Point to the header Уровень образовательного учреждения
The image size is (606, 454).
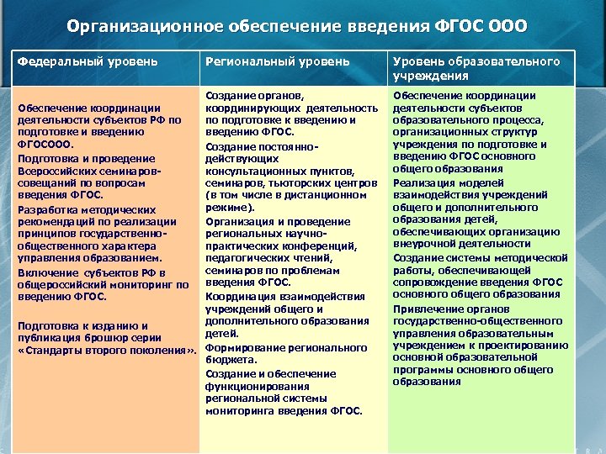[476, 68]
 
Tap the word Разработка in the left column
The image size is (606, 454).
[45, 209]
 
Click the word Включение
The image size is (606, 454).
[46, 273]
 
